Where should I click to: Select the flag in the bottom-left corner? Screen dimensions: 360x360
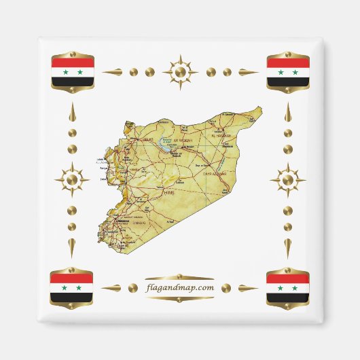71,287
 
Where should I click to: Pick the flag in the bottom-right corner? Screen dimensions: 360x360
287,287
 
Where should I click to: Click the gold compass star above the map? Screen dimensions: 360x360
180,71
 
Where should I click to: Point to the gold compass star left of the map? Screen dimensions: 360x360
72,180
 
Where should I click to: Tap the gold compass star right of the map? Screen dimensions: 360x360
287,180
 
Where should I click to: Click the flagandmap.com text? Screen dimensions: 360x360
180,287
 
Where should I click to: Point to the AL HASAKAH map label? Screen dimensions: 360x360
223,136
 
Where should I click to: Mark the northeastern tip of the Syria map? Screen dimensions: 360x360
260,107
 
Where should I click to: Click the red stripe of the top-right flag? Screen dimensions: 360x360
287,63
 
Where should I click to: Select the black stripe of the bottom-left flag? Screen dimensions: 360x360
71,296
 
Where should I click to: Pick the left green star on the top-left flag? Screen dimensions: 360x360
65,72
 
